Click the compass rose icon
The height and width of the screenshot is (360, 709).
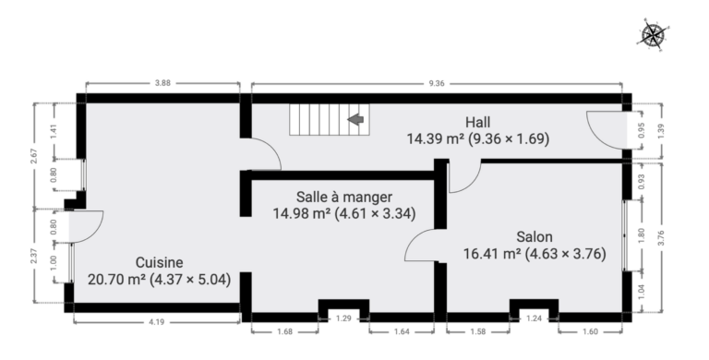pos(653,34)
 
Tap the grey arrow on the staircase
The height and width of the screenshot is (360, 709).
pos(355,119)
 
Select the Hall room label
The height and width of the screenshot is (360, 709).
pos(478,122)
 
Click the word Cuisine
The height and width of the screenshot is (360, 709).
pos(159,262)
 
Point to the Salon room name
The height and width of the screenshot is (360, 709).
pos(535,237)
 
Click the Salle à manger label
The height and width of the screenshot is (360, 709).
pos(344,198)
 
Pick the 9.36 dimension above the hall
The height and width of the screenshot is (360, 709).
pos(437,83)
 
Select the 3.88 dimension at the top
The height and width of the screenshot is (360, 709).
pos(162,83)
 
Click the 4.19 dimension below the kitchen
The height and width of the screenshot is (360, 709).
pos(156,322)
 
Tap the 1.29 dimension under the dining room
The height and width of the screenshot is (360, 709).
pos(343,318)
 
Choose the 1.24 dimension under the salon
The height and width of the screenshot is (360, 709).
pos(534,318)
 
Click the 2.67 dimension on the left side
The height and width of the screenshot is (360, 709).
pos(35,156)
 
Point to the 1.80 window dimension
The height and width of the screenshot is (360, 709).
pos(641,235)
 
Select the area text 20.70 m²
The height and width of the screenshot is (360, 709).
pos(116,280)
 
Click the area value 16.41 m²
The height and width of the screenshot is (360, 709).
pos(492,254)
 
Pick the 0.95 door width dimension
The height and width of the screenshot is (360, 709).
pos(642,131)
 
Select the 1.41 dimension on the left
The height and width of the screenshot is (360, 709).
pos(54,131)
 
